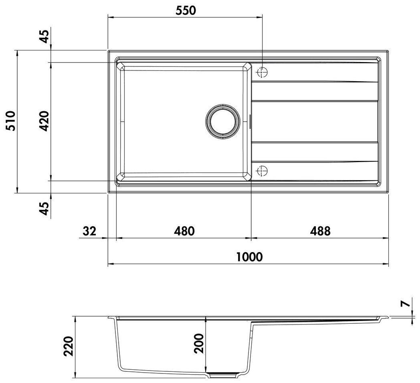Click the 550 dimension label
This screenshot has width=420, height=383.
[x=186, y=10]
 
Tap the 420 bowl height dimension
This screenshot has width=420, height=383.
[x=44, y=121]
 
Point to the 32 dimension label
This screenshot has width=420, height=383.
[x=89, y=231]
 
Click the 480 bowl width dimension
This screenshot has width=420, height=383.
[x=184, y=231]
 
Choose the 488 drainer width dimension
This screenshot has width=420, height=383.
[x=320, y=231]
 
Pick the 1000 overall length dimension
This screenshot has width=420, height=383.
[x=249, y=257]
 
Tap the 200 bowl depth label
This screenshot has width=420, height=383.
[x=199, y=343]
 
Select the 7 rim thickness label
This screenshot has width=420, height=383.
[x=407, y=303]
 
